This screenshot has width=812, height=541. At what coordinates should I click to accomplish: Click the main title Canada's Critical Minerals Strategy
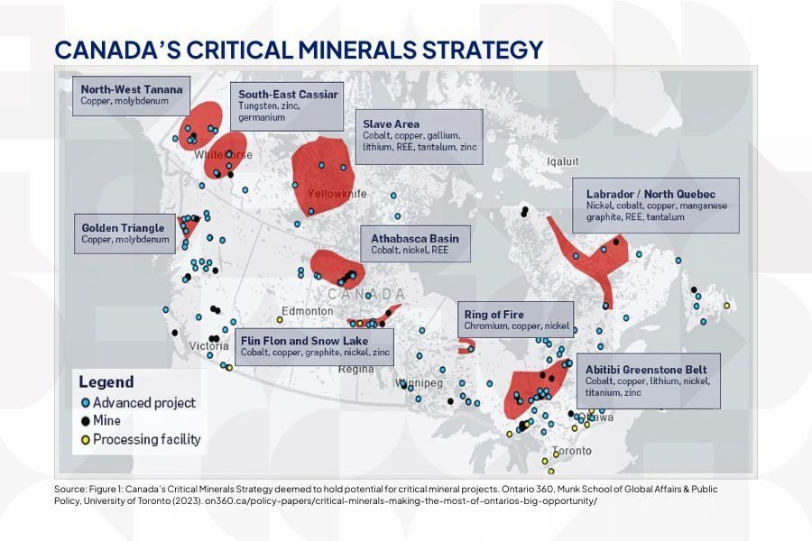pyautogui.click(x=299, y=49)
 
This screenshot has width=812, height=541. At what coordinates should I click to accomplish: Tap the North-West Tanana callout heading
pyautogui.click(x=132, y=89)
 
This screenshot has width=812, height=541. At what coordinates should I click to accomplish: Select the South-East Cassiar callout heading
pyautogui.click(x=288, y=94)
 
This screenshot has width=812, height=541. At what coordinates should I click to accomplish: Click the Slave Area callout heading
pyautogui.click(x=391, y=124)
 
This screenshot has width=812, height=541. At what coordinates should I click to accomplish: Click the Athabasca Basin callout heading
pyautogui.click(x=415, y=238)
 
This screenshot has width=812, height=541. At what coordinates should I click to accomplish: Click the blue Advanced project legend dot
pyautogui.click(x=85, y=403)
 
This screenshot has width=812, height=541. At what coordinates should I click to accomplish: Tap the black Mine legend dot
pyautogui.click(x=85, y=421)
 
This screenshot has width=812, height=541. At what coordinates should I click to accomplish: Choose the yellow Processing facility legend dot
pyautogui.click(x=85, y=440)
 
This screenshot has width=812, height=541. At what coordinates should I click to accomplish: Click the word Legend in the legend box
pyautogui.click(x=106, y=381)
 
